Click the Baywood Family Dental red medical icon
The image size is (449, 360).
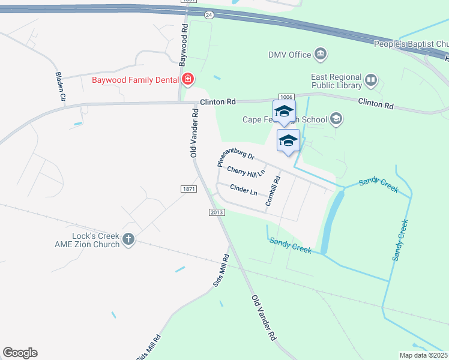click(188, 79)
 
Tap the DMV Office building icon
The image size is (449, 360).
click(321, 55)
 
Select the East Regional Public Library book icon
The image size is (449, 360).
click(371, 79)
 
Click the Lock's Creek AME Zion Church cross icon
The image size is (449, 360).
click(128, 239)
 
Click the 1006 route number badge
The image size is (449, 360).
click(286, 97)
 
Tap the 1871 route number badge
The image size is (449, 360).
click(188, 189)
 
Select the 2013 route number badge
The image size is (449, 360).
click(217, 212)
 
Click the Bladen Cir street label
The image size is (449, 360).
click(60, 86)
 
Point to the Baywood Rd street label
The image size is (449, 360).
click(184, 50)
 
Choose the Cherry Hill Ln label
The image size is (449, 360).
click(246, 172)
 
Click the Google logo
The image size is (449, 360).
click(20, 353)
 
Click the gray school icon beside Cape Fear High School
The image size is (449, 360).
click(336, 119)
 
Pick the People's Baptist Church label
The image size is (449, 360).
click(411, 44)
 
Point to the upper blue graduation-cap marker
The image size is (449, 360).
click(284, 111)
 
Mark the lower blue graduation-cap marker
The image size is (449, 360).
click(288, 141)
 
